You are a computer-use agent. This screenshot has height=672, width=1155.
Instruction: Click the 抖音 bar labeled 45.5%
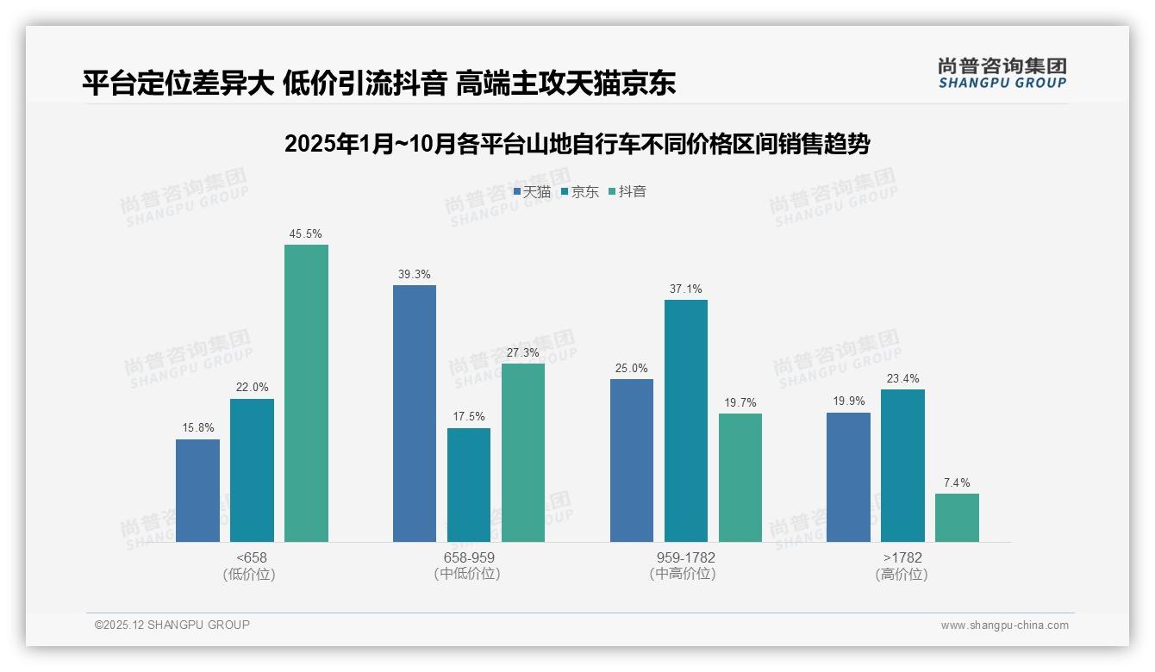306,393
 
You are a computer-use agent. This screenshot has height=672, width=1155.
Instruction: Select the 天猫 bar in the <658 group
197,490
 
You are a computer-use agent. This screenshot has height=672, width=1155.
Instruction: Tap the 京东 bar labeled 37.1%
686,420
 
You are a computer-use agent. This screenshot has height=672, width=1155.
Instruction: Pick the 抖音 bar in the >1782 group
957,517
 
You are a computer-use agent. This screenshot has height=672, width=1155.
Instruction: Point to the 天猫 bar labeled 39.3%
415,414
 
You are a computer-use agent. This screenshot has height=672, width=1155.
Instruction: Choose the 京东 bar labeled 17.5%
469,485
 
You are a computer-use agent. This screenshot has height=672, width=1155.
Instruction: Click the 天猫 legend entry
532,192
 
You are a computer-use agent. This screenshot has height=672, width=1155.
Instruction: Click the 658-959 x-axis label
469,558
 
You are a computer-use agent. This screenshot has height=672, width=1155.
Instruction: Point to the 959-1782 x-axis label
686,558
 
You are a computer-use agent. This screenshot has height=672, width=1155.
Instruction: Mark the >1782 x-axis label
902,558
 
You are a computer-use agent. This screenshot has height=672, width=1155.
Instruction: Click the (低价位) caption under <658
249,575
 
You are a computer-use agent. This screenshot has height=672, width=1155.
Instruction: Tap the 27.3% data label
523,352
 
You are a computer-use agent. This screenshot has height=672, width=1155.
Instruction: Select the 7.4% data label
957,482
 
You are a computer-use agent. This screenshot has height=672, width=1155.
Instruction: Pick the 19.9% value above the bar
848,401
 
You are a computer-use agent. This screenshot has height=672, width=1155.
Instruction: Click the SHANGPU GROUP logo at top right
1002,73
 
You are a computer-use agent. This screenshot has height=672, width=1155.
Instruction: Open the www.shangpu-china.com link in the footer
1004,625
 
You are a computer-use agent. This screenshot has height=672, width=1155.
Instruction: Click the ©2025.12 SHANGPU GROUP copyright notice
172,625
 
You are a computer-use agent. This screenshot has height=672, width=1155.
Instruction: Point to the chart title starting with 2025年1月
577,144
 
